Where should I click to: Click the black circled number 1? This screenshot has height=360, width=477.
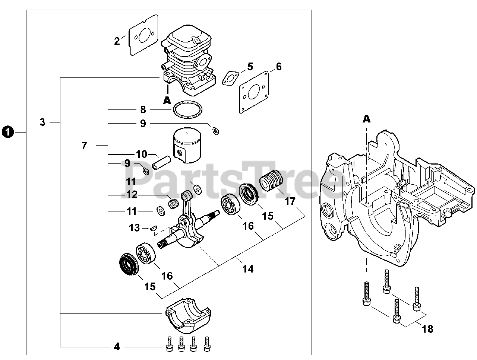(8, 132)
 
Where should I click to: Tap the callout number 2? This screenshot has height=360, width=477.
(117, 41)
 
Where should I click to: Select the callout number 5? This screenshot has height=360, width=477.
(250, 67)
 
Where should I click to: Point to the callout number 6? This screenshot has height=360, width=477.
(279, 67)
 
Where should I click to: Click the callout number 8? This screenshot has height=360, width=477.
(143, 109)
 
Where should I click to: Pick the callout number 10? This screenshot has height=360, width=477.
(142, 154)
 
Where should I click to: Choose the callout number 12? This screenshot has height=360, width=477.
(132, 195)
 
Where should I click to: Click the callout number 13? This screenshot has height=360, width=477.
(134, 228)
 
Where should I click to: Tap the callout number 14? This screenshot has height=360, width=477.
(248, 269)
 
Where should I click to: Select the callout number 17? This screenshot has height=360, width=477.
(290, 201)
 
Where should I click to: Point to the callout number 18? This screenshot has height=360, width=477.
(427, 329)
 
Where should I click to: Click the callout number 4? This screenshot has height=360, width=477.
(117, 347)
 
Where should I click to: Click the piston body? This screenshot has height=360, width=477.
(187, 145)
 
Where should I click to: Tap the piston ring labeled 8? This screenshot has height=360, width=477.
(188, 109)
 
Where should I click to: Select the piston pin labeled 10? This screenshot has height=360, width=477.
(161, 163)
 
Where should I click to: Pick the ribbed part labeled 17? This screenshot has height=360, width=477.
(271, 181)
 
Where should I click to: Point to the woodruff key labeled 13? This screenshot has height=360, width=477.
(153, 228)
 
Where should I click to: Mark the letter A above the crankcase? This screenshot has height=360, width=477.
(366, 119)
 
